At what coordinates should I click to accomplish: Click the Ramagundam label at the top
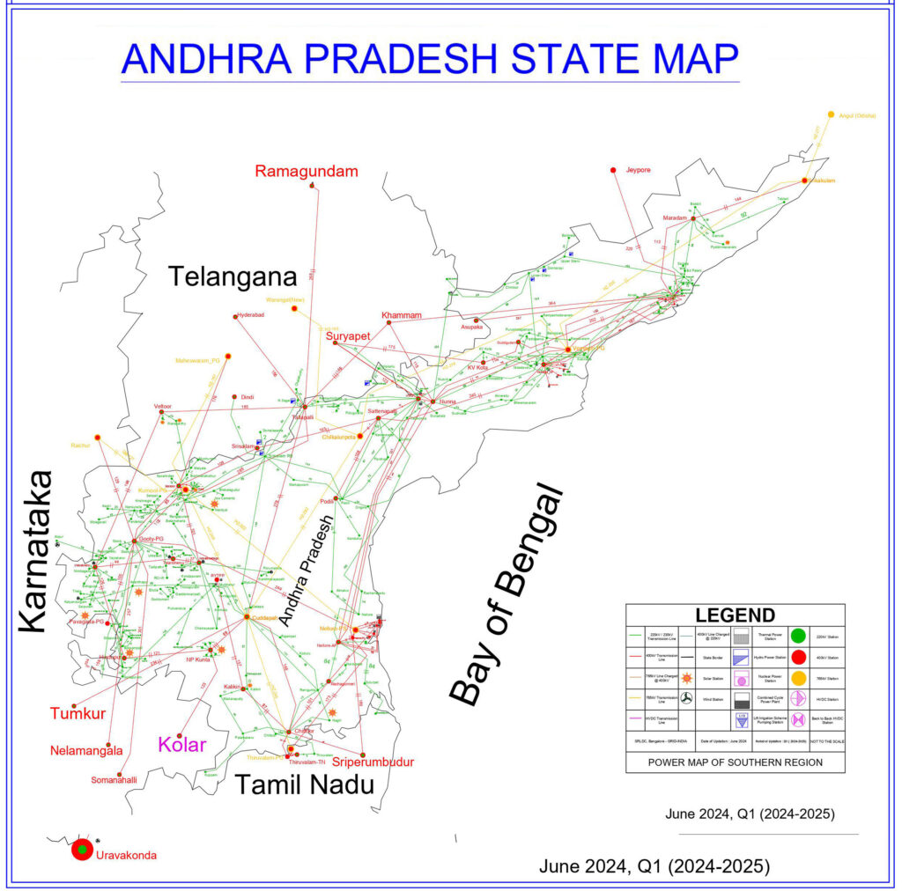point(307,171)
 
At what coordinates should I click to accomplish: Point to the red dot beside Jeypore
point(613,169)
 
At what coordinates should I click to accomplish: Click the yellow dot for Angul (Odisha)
point(831,114)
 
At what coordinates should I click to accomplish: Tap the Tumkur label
point(76,713)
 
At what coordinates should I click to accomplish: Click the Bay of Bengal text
point(505,594)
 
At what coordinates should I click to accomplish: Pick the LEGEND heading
point(735,615)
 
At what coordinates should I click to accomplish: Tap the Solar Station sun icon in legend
point(685,679)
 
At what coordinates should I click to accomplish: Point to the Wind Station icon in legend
point(685,700)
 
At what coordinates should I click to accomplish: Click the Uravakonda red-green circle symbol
point(81,850)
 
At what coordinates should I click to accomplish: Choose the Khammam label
point(402,315)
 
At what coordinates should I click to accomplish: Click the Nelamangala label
point(86,751)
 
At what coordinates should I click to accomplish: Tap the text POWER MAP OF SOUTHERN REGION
point(735,762)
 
